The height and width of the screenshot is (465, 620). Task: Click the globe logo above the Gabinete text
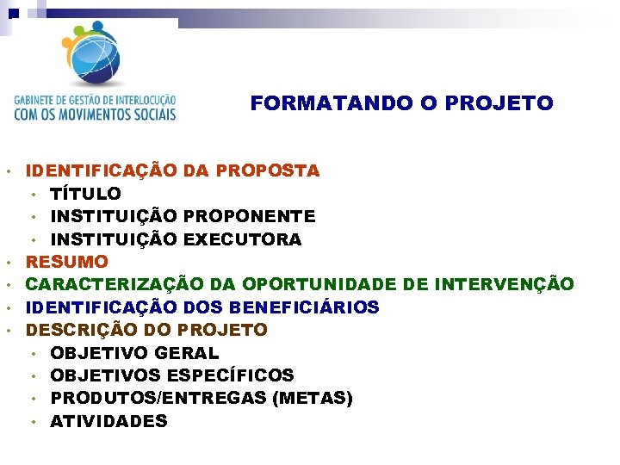coord(95,52)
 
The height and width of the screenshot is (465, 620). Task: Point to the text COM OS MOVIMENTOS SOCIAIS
coord(95,113)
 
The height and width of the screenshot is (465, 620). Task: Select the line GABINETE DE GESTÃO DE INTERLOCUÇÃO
coord(95,100)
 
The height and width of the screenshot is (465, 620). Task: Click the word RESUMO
coord(67,262)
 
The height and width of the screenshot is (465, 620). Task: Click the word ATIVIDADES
coord(109,421)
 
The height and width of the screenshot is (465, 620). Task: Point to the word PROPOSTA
coord(268,170)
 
